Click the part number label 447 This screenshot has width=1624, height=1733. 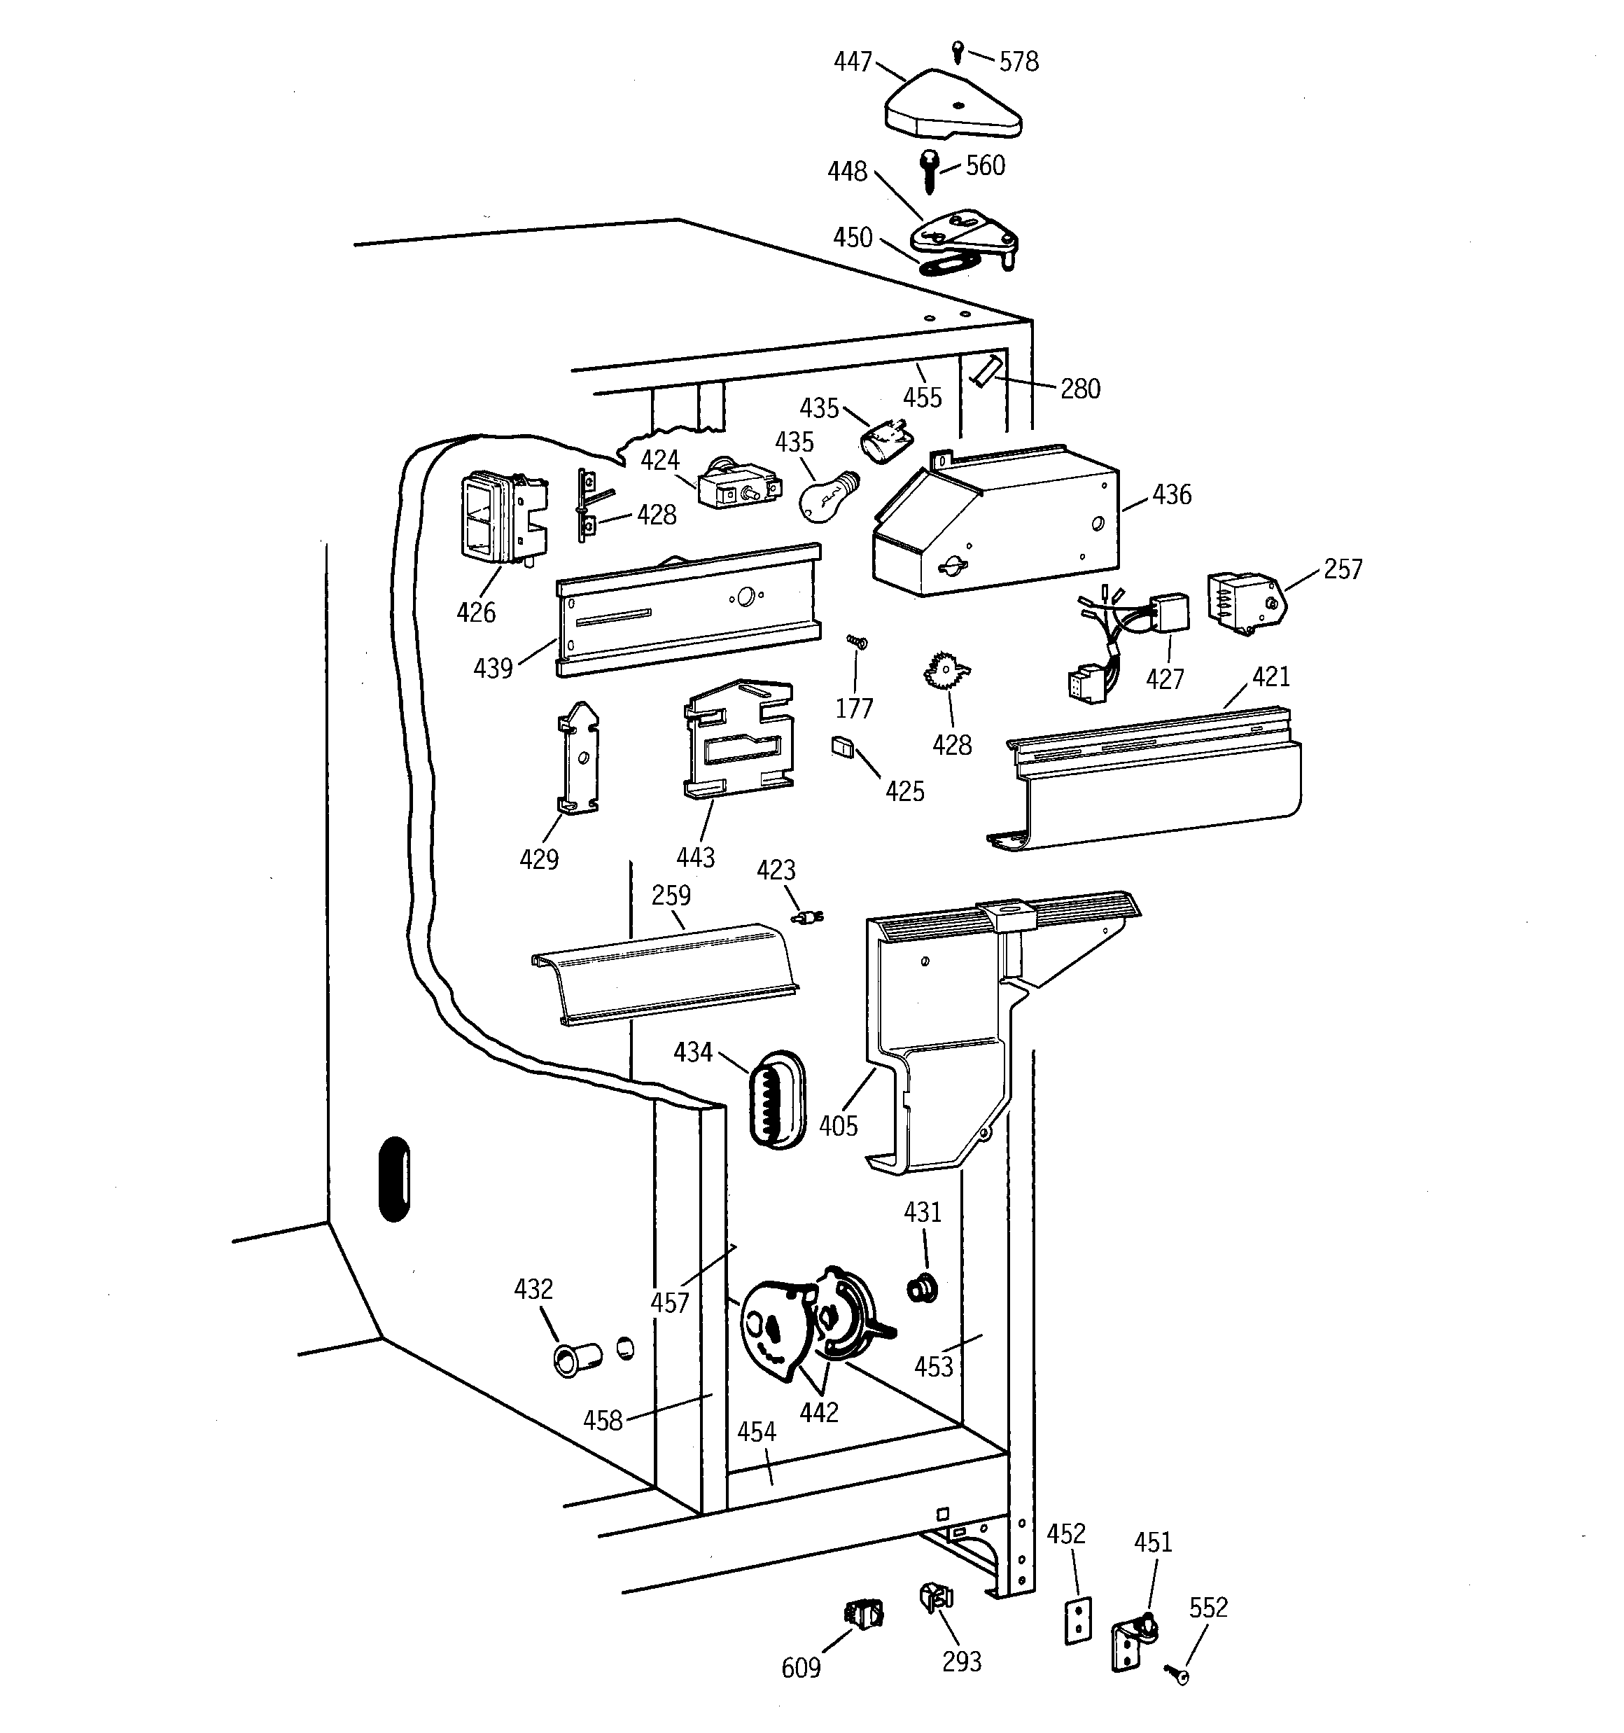(x=852, y=62)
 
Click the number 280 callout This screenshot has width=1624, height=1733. (x=1080, y=389)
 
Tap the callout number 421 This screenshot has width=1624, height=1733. (x=1270, y=676)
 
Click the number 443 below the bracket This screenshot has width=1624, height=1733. (x=695, y=858)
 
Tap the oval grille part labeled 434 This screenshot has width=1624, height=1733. (x=776, y=1099)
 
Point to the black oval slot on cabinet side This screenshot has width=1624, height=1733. (x=395, y=1178)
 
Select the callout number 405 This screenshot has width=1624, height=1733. (x=838, y=1127)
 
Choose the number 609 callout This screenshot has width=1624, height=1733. (x=800, y=1669)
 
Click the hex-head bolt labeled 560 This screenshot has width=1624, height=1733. (x=931, y=171)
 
